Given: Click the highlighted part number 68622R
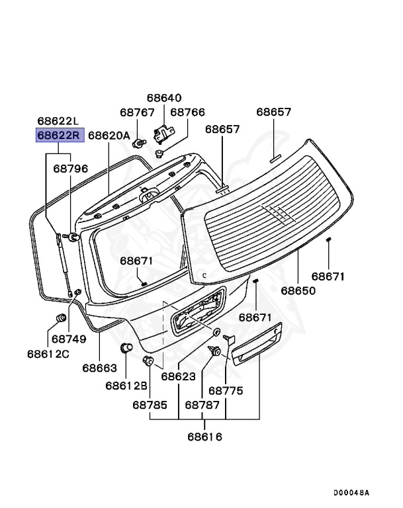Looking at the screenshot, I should pos(60,136).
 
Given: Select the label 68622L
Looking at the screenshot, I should pos(58,121).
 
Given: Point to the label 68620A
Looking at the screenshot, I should pos(109,136).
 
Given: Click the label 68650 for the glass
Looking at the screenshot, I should pos(298,290).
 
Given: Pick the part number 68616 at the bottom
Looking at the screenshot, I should pos(204,437).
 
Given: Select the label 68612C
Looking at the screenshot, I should pos(48,354).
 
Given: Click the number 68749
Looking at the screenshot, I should pos(69,339).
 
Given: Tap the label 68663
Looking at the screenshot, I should pos(100,367).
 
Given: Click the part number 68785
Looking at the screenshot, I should pos(150,405).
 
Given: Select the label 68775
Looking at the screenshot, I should pos(226,391).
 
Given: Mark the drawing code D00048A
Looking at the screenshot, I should pos(351,493).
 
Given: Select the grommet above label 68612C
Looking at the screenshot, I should pos(60,319).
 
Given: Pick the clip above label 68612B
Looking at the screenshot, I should pos(125,348).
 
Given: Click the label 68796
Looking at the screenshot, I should pos(71,169).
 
